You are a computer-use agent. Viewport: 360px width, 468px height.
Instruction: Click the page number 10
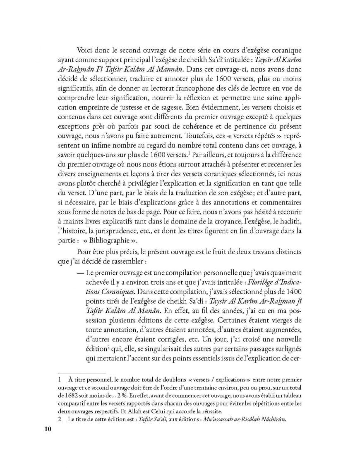click(x=47, y=429)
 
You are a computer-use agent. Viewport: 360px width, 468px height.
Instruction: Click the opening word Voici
click(x=86, y=49)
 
